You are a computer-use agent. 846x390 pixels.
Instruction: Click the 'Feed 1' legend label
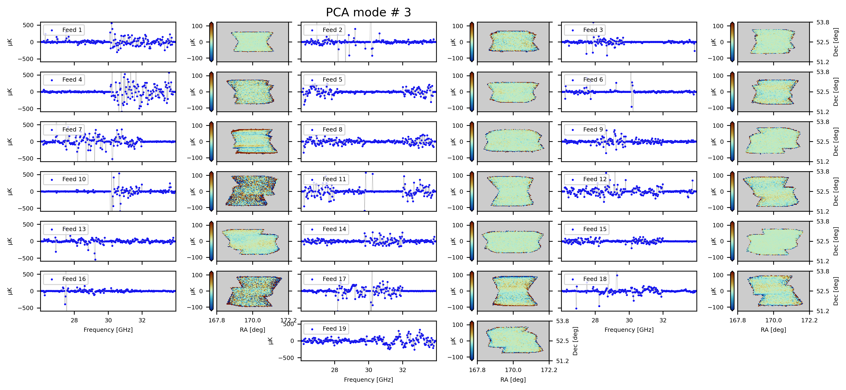(x=72, y=30)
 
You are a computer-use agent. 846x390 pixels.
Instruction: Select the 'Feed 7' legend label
(x=72, y=130)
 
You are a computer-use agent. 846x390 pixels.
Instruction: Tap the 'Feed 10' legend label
(x=74, y=179)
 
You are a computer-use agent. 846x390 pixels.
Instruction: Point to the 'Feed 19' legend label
(x=334, y=329)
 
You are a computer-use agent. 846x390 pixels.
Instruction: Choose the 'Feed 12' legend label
(x=595, y=179)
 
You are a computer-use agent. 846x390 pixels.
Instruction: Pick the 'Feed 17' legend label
(x=334, y=279)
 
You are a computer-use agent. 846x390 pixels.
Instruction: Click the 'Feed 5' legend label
(x=332, y=79)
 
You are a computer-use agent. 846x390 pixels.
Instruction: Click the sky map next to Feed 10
(x=253, y=191)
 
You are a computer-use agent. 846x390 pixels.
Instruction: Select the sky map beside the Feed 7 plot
(x=253, y=142)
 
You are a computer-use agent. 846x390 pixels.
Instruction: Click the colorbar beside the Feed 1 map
(x=211, y=42)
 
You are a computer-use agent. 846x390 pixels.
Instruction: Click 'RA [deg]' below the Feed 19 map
(x=513, y=380)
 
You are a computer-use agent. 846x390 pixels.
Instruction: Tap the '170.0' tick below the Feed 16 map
(x=253, y=320)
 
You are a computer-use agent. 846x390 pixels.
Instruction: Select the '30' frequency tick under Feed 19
(x=369, y=370)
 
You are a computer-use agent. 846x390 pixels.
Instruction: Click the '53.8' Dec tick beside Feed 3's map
(x=823, y=22)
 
